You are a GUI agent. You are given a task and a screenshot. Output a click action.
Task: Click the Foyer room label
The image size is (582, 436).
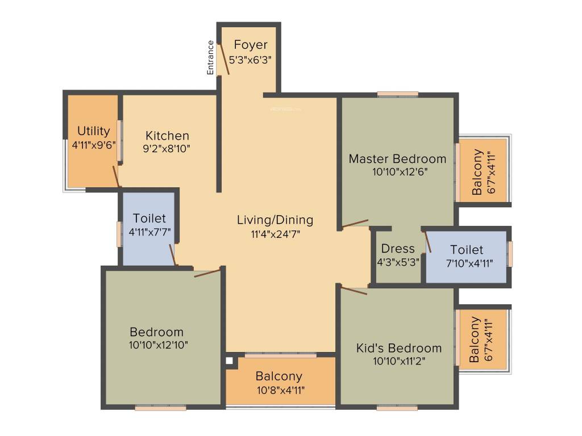250,45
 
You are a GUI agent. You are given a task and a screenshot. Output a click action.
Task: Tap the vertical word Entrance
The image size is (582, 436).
210,57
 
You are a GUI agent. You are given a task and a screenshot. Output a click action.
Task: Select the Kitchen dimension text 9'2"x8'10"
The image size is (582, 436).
167,149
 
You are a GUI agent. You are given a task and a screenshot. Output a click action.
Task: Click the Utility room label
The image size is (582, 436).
94,131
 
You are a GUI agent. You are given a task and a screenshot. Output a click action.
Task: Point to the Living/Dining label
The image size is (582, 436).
275,220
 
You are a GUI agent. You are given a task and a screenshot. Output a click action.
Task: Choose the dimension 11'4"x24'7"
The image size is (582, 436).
275,233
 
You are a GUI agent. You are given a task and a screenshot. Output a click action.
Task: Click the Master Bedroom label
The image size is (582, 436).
397,158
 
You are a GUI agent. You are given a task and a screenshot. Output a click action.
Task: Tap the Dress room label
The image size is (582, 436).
398,249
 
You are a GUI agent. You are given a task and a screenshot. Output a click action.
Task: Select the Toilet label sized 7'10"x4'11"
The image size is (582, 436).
467,250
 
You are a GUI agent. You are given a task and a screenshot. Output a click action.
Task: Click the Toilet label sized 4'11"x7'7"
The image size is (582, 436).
149,218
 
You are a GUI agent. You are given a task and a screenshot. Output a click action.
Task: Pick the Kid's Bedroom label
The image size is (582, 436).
398,348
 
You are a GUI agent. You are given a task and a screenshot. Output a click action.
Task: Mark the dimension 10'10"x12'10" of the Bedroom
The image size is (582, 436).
158,345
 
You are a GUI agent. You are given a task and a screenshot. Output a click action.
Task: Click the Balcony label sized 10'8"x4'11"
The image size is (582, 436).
278,376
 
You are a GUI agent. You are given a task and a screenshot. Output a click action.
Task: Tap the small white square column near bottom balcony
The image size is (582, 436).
230,360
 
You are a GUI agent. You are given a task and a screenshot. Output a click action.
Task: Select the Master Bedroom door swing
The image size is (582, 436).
355,224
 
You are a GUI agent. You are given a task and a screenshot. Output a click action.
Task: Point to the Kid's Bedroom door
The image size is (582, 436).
354,291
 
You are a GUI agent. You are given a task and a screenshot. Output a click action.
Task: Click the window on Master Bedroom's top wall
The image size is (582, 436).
397,94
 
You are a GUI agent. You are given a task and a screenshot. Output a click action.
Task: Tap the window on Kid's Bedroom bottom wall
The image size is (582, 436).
397,408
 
